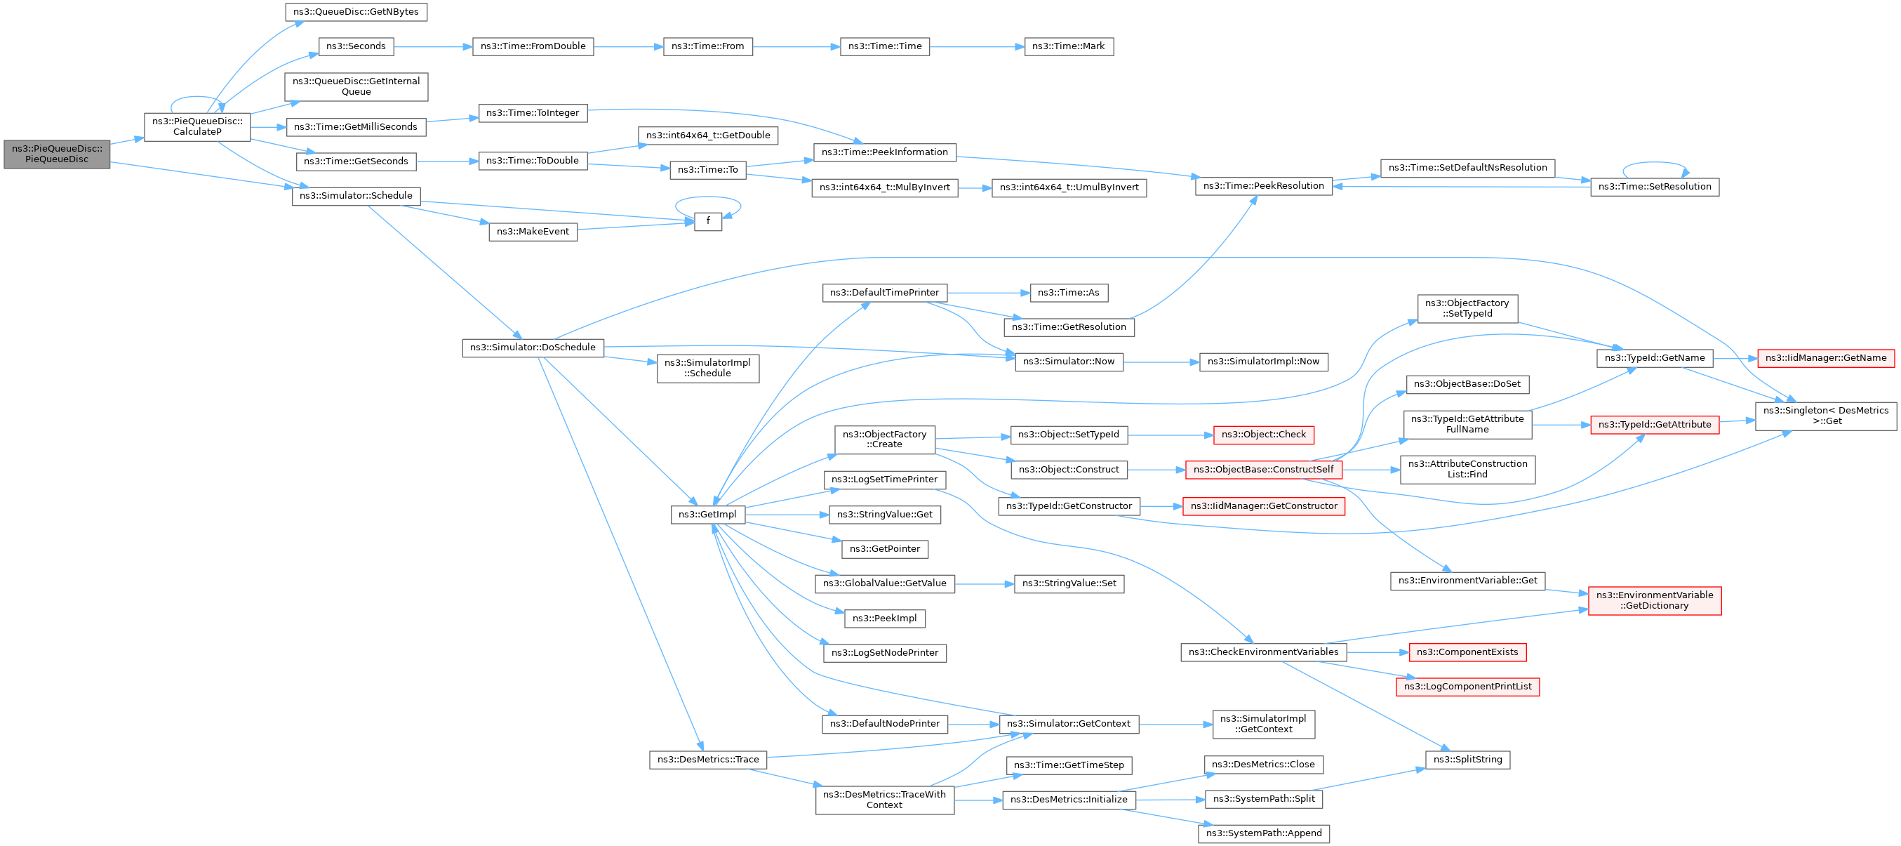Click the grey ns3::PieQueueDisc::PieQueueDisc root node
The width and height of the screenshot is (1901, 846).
click(57, 154)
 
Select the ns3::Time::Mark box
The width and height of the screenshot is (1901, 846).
click(1068, 46)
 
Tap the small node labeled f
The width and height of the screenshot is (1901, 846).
click(708, 221)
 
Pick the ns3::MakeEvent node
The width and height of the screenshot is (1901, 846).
click(533, 232)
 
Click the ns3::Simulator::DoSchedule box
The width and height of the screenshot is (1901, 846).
click(533, 348)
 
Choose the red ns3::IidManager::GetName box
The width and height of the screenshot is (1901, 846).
click(1826, 358)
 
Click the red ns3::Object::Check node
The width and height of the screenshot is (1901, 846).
click(1263, 435)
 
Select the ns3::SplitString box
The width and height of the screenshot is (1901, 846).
click(1467, 760)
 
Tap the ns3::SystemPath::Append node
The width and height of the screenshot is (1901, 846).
click(1263, 833)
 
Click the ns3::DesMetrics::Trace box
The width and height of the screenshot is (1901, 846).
click(708, 760)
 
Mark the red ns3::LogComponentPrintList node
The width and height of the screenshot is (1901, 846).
click(1467, 687)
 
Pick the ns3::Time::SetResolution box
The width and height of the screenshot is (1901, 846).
click(1654, 187)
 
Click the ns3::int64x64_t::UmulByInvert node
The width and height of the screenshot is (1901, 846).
click(1069, 187)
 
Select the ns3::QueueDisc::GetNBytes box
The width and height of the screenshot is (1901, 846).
click(356, 12)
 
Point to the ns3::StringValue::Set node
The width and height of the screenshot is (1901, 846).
click(1069, 583)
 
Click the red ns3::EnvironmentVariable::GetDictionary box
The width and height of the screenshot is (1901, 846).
click(1654, 600)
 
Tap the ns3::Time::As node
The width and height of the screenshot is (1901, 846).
click(1068, 293)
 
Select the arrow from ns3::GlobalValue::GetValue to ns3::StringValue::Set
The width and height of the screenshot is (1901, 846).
click(984, 583)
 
